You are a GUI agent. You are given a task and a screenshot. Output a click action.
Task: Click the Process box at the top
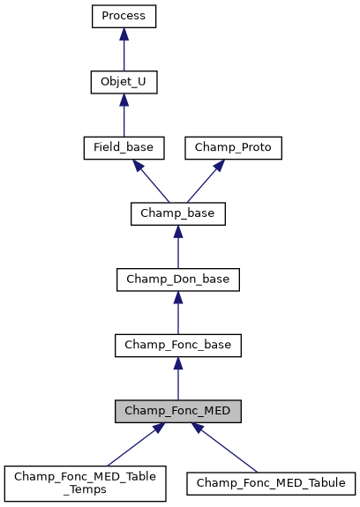coord(124,16)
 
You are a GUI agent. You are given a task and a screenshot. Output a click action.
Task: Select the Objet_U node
coord(124,82)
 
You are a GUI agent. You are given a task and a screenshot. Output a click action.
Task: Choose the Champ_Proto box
coord(233,147)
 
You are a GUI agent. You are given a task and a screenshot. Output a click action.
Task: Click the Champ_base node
coord(177,212)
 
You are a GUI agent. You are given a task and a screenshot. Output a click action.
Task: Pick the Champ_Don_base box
coord(177,279)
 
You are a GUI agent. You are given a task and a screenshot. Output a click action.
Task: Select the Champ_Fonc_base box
coord(177,345)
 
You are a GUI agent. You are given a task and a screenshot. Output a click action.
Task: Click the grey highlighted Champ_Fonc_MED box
coord(177,411)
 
